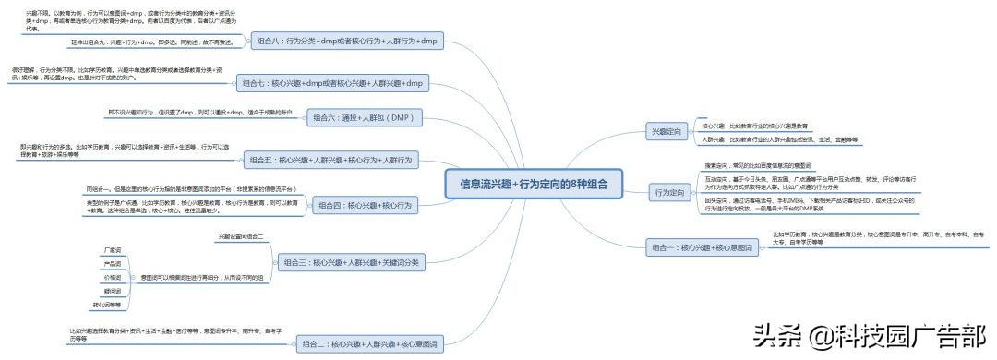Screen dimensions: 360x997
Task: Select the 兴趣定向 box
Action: coord(667,133)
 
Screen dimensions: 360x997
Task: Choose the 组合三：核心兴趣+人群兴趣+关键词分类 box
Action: coord(350,263)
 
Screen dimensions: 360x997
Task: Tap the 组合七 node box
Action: coord(333,83)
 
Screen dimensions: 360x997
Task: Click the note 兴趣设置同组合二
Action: coord(241,237)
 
